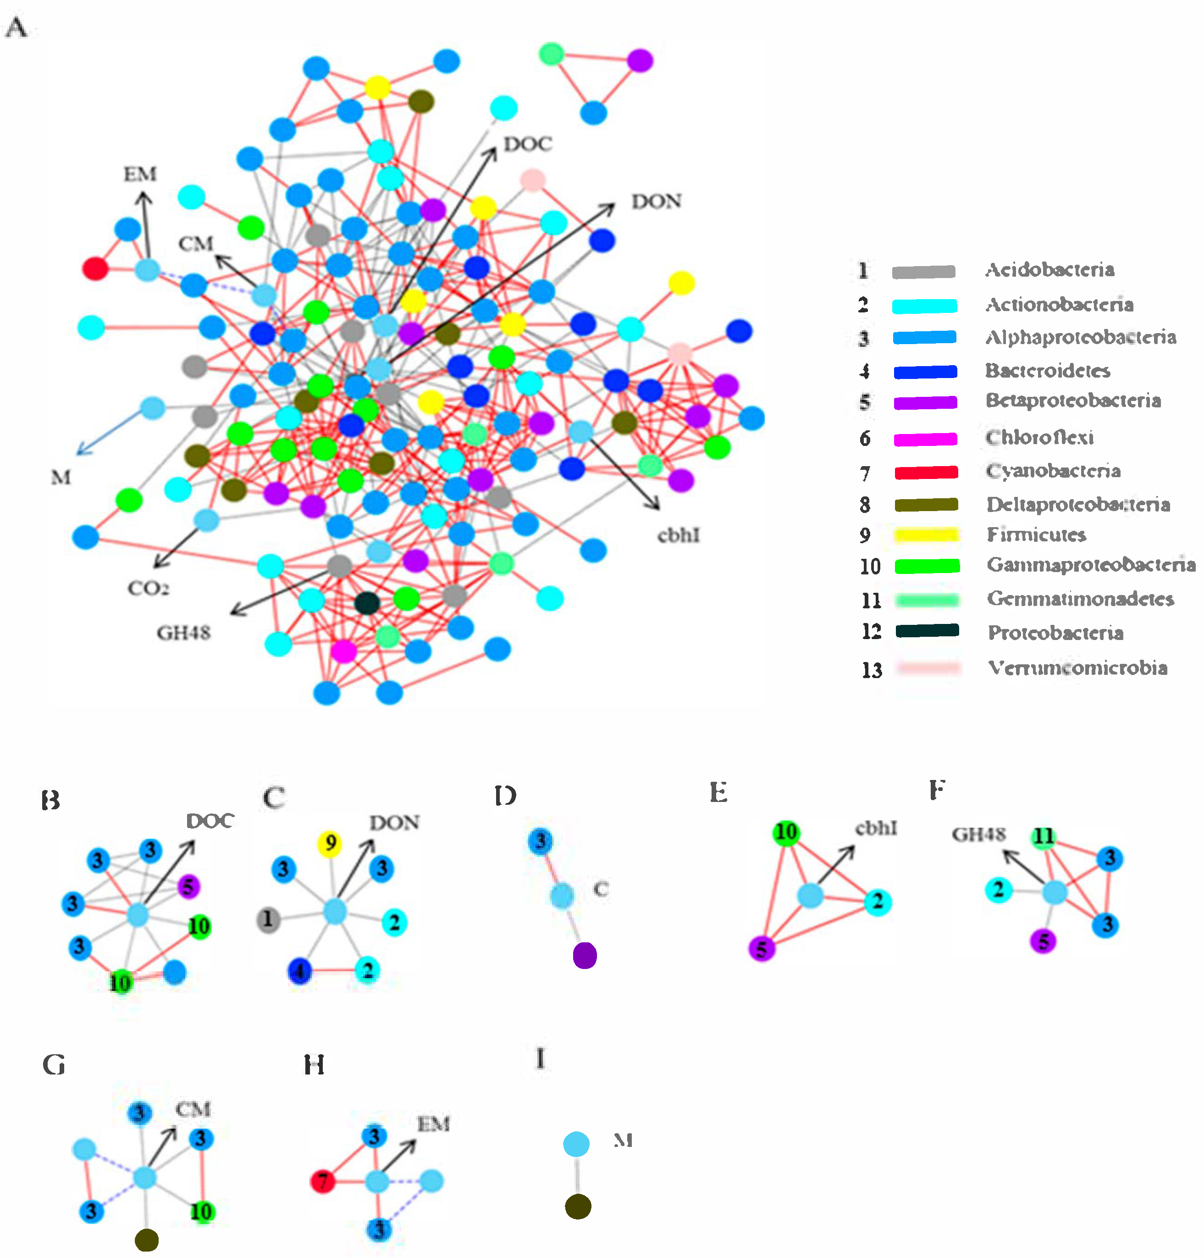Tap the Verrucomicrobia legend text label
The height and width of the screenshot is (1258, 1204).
[x=1077, y=668]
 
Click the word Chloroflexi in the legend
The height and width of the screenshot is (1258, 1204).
[x=1039, y=438]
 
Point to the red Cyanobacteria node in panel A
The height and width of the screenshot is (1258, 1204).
[x=95, y=267]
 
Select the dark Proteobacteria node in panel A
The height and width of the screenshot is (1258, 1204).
[x=367, y=603]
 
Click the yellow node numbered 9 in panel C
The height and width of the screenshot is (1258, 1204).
[x=331, y=843]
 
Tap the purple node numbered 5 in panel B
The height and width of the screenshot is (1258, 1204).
[x=188, y=886]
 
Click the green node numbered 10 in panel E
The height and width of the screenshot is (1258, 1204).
[x=786, y=832]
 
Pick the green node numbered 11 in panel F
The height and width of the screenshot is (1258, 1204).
[x=1044, y=836]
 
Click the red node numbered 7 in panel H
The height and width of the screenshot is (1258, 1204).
[x=323, y=1180]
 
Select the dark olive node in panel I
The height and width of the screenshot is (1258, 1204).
[x=578, y=1207]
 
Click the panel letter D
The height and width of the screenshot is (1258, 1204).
[x=505, y=796]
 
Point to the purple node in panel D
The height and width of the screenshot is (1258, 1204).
[x=585, y=955]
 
